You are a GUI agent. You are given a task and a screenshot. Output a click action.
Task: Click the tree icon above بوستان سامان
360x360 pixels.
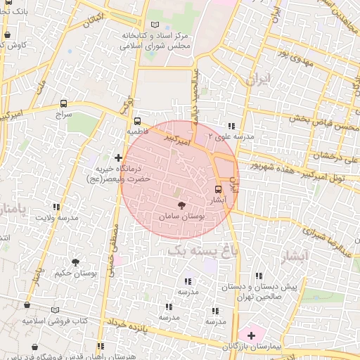click(x=182, y=205)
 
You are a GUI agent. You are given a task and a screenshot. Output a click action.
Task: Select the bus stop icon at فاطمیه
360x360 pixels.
click(x=137, y=120)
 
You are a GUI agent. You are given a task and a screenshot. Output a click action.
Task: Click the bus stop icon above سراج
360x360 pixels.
click(x=65, y=103)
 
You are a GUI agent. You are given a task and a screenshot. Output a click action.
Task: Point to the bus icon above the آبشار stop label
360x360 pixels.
click(x=217, y=188)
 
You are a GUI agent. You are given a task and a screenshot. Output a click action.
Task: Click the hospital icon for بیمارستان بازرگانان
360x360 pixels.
click(x=251, y=335)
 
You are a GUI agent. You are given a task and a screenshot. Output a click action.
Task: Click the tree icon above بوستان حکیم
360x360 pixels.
click(x=75, y=262)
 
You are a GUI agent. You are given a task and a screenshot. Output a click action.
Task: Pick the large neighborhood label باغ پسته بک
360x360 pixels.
click(x=205, y=248)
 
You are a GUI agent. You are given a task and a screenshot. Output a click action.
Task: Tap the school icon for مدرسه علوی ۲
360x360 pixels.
click(x=209, y=136)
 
